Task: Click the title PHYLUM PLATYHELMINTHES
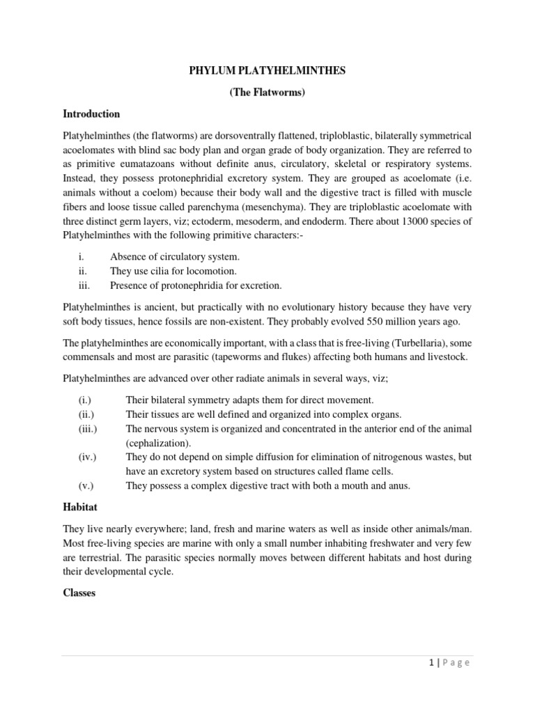267,70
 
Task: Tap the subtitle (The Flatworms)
267,92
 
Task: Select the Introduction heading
91,113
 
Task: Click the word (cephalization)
157,442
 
